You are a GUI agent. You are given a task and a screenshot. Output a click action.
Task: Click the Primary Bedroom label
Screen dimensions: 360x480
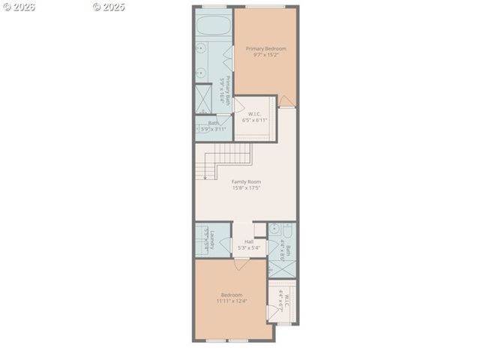pyautogui.click(x=266, y=49)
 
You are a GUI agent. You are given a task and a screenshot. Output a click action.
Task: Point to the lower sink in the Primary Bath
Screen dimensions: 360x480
pyautogui.click(x=202, y=73)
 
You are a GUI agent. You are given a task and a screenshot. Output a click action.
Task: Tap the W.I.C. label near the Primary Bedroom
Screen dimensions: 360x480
pyautogui.click(x=254, y=114)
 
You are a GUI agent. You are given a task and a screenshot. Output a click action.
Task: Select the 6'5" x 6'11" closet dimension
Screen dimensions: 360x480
pyautogui.click(x=254, y=120)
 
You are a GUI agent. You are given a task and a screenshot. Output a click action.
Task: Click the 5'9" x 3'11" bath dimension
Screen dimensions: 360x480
pyautogui.click(x=213, y=129)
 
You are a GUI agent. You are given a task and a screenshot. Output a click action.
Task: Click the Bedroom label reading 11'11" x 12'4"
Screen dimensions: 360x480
pyautogui.click(x=232, y=301)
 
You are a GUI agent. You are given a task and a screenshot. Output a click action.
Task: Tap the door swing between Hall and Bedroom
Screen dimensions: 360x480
pyautogui.click(x=240, y=263)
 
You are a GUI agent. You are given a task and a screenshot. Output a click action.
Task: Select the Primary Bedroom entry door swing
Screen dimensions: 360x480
pyautogui.click(x=286, y=101)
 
